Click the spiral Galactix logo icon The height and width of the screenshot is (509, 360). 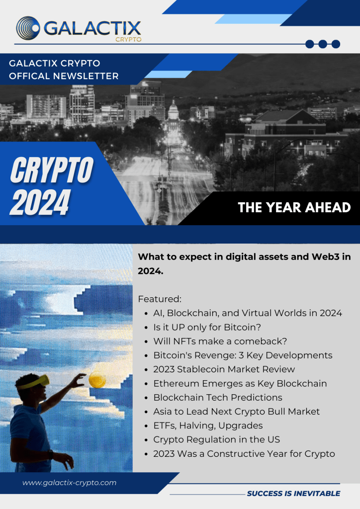(x=28, y=28)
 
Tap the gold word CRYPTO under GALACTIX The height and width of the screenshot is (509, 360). (x=128, y=40)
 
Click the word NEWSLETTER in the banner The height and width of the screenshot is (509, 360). (x=86, y=76)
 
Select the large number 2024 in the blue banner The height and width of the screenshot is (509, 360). (x=40, y=202)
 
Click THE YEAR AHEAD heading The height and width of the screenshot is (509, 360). (x=294, y=207)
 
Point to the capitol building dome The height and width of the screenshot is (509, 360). (x=174, y=110)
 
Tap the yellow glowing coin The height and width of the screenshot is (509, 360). (x=97, y=380)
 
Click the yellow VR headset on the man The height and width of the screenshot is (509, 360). (x=35, y=382)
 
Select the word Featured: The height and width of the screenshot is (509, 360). (x=160, y=299)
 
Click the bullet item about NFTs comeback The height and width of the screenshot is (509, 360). (x=220, y=341)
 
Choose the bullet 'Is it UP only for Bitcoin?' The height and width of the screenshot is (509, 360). (x=207, y=327)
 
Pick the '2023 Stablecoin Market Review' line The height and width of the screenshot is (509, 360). (x=224, y=369)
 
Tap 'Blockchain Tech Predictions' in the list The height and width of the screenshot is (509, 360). (x=218, y=397)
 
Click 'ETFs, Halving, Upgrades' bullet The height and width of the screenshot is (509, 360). (x=208, y=425)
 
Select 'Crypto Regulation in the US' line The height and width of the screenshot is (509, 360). (x=216, y=439)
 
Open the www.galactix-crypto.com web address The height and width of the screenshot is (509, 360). (x=70, y=483)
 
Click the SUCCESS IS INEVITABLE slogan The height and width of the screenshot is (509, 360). (x=293, y=494)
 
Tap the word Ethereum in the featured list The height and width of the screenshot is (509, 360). (x=176, y=383)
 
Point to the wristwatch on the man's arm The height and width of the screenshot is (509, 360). (x=50, y=454)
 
